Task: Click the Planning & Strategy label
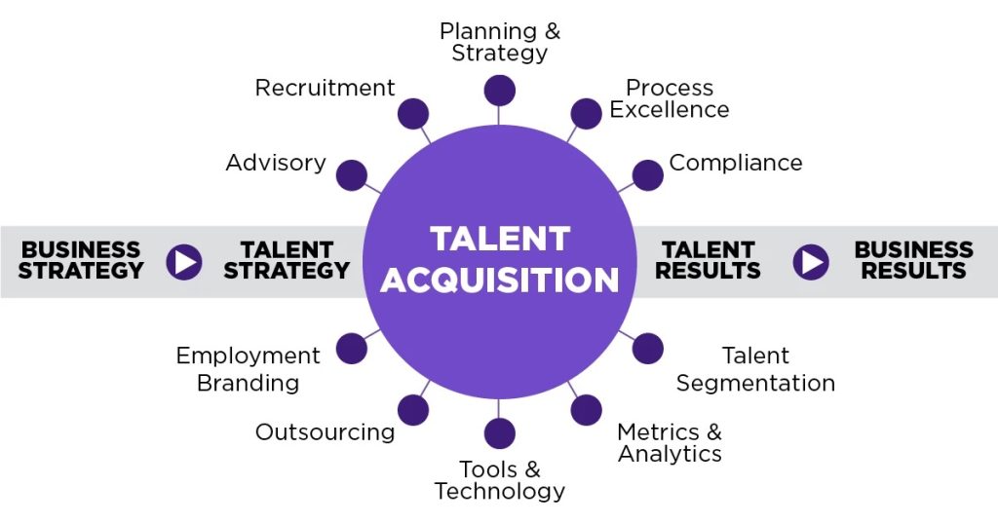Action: [x=499, y=42]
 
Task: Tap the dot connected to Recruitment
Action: [x=413, y=114]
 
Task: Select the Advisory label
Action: [x=276, y=163]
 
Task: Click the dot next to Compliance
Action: [x=647, y=175]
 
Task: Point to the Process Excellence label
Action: [x=670, y=99]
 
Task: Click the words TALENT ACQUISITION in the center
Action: [x=499, y=259]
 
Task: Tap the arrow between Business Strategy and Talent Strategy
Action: [x=183, y=261]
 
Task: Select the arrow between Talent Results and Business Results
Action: [x=811, y=261]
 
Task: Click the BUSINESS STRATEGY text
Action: [x=81, y=260]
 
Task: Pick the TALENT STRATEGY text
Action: [x=287, y=260]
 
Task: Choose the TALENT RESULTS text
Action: [x=708, y=260]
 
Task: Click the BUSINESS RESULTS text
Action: [x=913, y=260]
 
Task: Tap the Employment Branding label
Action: [x=248, y=369]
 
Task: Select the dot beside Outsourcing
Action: [x=413, y=410]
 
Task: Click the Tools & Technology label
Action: [x=499, y=481]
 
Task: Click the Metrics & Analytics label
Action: [x=670, y=442]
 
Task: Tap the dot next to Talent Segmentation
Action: [x=647, y=349]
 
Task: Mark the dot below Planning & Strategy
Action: [x=499, y=91]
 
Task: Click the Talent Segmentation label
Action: [x=755, y=369]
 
